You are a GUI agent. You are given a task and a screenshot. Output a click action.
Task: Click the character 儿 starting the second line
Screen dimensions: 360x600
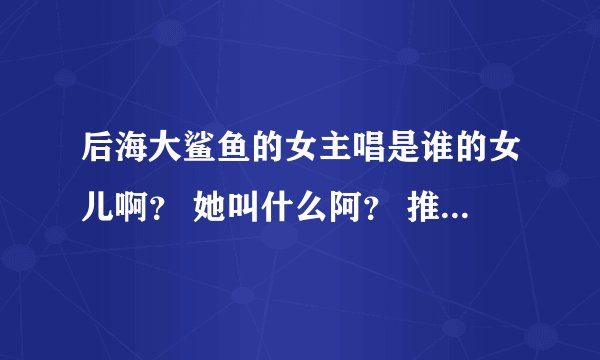coord(99,208)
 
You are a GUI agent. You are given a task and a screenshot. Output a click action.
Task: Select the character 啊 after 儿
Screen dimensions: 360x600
coord(134,208)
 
